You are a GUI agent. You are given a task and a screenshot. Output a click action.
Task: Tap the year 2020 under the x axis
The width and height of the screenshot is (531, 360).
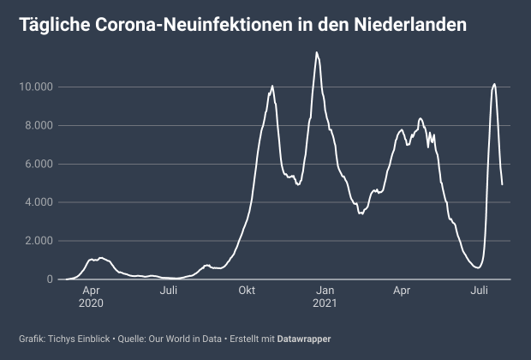pos(91,303)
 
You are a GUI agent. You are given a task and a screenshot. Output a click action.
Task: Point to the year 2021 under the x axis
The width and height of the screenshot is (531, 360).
pos(324,303)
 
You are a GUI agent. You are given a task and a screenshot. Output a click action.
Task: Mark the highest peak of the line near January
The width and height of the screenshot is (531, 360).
pos(317,52)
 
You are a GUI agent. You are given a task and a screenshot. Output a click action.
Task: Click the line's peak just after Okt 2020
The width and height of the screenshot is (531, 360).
pos(272,86)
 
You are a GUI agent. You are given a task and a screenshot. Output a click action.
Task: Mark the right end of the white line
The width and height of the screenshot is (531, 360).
pos(502,183)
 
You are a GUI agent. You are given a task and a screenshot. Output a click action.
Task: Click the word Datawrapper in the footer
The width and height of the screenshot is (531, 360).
pos(305,339)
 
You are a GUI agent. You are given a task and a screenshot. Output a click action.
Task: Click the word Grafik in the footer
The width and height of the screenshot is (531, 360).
pos(32,339)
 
